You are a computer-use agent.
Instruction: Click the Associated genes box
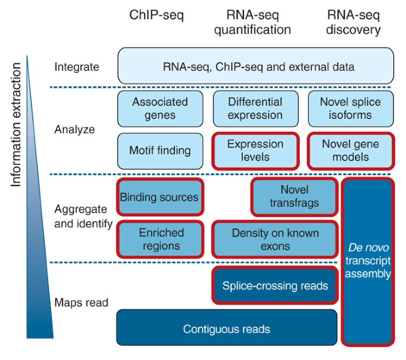tap(159, 108)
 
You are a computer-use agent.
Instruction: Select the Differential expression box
tap(255, 108)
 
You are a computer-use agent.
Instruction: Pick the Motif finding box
tap(159, 150)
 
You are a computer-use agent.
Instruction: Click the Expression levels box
tap(255, 150)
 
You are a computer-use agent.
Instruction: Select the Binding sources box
tap(159, 196)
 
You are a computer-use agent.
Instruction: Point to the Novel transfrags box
tap(294, 196)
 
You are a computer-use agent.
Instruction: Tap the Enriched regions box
tap(160, 239)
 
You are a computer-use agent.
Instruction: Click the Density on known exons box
tap(274, 239)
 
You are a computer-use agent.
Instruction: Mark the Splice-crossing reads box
tap(274, 286)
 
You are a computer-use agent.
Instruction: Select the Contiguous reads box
tap(226, 329)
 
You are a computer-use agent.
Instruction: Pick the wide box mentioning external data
tap(256, 66)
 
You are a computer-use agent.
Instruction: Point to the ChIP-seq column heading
tap(156, 16)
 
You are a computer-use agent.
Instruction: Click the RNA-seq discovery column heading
tap(354, 22)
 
